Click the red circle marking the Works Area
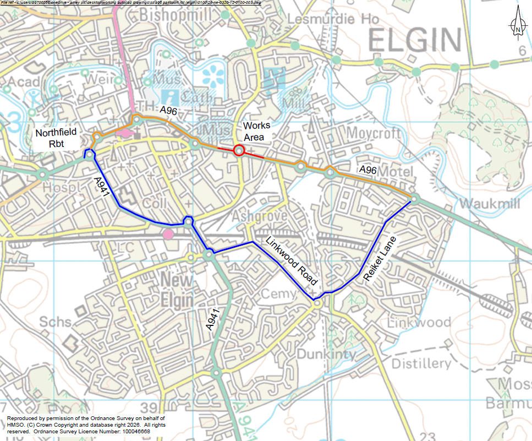tap(239, 150)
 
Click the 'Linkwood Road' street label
tap(292, 260)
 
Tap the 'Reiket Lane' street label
tap(380, 257)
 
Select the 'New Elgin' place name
tap(177, 290)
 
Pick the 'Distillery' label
tap(421, 363)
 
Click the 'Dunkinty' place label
tap(327, 354)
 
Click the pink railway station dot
tap(168, 235)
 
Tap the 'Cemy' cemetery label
tap(278, 294)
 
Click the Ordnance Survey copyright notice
tap(86, 426)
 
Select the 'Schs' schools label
tap(56, 322)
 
